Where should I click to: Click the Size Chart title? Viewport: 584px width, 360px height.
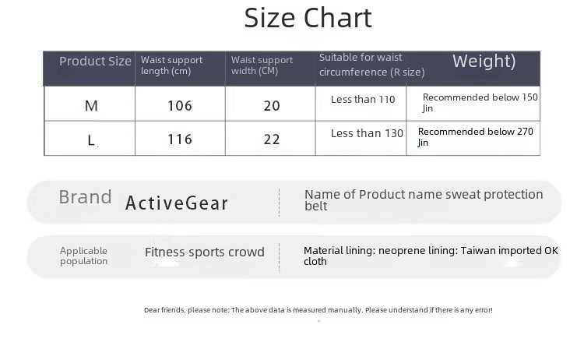point(308,18)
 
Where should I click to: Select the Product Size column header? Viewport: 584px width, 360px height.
point(95,61)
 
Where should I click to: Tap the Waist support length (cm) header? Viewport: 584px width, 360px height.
point(172,65)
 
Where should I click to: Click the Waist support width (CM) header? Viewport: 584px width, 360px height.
point(262,65)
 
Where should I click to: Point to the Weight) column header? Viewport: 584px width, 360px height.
point(484,62)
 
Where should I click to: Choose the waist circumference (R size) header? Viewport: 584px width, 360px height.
point(371,65)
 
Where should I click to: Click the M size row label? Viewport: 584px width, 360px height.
point(91,106)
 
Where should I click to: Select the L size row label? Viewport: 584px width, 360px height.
point(91,140)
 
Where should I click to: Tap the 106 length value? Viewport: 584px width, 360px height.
point(180,106)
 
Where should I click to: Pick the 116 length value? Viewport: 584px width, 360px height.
point(180,139)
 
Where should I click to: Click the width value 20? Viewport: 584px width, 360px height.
point(272,106)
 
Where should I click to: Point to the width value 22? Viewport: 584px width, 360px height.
point(272,139)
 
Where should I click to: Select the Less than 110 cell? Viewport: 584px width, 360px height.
point(363,100)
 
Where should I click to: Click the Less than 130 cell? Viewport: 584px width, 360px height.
point(367,133)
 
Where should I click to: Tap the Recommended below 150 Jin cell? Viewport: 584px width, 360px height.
point(480,103)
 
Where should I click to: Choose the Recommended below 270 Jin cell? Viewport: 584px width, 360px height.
point(476,137)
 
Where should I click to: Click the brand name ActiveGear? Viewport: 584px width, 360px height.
point(177,203)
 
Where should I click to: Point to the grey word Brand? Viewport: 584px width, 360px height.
point(86,197)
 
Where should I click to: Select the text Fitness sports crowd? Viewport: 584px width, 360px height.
point(205,252)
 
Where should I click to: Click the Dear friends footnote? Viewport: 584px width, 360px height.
point(318,310)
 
